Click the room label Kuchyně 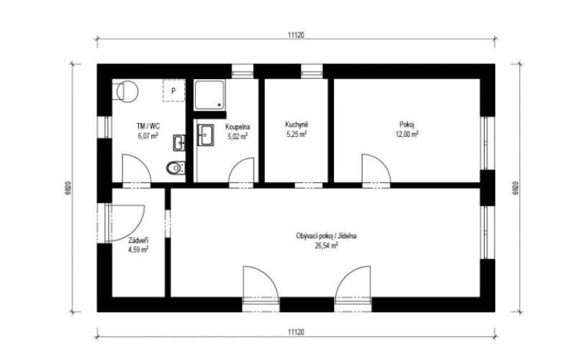point(297,124)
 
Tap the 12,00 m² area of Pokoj point(407,135)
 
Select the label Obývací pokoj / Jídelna point(326,236)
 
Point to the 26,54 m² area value point(326,246)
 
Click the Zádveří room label point(138,240)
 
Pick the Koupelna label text point(238,127)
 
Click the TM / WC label point(148,127)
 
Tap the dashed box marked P point(174,91)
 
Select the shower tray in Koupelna point(210,95)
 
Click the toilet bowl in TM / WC point(176,168)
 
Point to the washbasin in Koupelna point(206,135)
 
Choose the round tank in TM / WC point(127,91)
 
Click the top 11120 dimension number point(296,35)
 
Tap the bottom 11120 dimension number point(296,333)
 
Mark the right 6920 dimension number point(516,188)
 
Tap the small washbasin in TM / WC point(179,143)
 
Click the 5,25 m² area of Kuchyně point(297,134)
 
